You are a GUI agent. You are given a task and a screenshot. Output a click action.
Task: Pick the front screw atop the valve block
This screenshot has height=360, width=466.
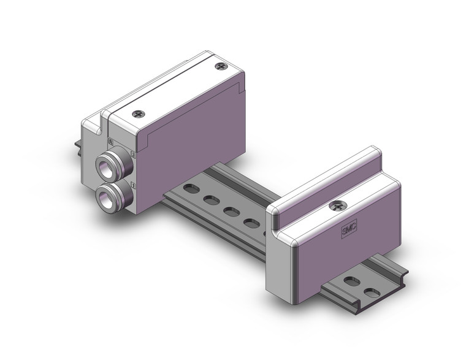pyautogui.click(x=139, y=114)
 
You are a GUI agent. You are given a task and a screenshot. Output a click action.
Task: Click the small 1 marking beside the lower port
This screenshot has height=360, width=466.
pyautogui.click(x=133, y=183)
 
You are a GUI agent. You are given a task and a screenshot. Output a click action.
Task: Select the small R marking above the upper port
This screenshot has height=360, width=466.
pyautogui.click(x=110, y=141)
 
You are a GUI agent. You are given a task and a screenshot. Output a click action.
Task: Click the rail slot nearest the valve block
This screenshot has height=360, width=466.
pyautogui.click(x=192, y=189)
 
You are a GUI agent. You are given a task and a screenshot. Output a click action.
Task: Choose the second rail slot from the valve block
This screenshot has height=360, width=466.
pyautogui.click(x=212, y=200)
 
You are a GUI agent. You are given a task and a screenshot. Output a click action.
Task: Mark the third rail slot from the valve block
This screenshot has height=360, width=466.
pyautogui.click(x=232, y=212)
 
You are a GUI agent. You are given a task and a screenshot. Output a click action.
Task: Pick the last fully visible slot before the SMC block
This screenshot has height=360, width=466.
pyautogui.click(x=252, y=223)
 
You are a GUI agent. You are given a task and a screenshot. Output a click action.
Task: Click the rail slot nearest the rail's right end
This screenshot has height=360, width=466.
pyautogui.click(x=372, y=293)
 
